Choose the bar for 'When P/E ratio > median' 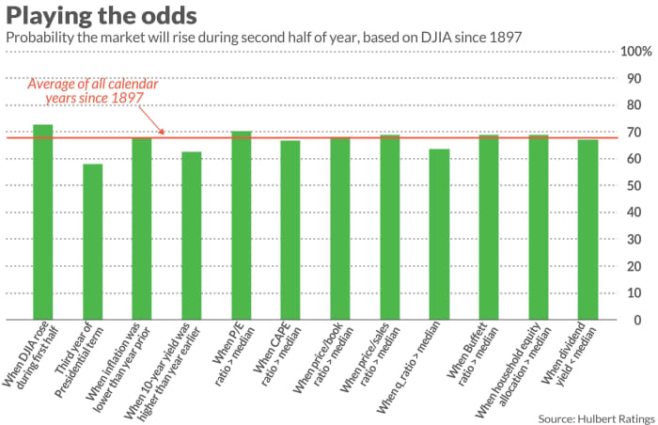point(242,226)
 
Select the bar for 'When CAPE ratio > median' point(291,230)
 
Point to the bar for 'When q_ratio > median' point(439,234)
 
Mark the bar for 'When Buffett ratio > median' point(489,228)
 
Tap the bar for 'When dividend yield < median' point(587,229)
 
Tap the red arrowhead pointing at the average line point(161,134)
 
